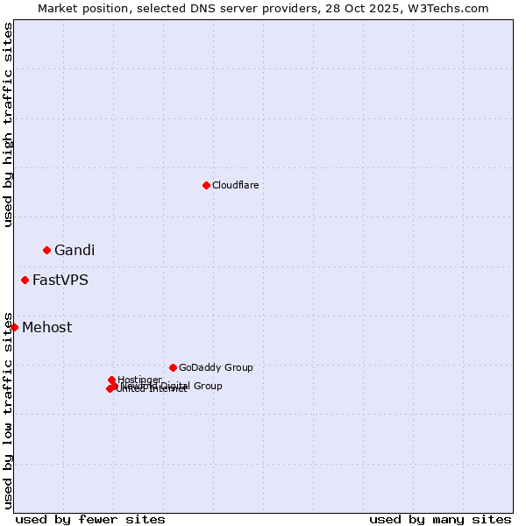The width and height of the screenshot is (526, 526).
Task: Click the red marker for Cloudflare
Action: click(206, 185)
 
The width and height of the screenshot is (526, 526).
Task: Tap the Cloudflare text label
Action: click(235, 185)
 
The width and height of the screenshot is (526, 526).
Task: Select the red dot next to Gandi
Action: click(46, 250)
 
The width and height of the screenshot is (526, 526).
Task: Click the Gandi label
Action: click(75, 250)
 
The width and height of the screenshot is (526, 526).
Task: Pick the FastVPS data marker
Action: click(25, 280)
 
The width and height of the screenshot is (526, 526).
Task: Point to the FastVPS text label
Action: click(60, 281)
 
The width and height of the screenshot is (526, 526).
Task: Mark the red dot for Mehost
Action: click(14, 327)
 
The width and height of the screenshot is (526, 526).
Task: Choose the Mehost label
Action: click(47, 328)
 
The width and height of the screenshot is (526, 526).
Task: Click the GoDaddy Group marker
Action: click(173, 367)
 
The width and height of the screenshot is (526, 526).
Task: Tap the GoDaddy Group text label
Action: click(216, 367)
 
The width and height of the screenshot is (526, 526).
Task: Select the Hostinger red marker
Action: click(111, 380)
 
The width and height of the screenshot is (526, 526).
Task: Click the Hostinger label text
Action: click(139, 380)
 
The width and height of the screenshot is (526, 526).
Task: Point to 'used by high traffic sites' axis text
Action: click(8, 124)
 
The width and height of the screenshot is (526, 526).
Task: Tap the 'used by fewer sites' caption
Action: click(90, 519)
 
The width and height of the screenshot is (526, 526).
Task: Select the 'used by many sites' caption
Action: click(440, 519)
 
